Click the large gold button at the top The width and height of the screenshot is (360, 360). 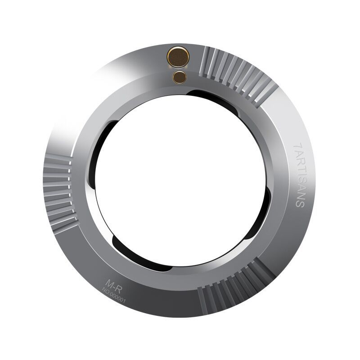[178, 57]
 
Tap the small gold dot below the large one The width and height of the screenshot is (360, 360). [180, 77]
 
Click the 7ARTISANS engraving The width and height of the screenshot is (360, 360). [299, 175]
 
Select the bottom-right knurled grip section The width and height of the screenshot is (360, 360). [237, 287]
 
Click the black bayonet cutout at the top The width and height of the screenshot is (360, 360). [212, 99]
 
